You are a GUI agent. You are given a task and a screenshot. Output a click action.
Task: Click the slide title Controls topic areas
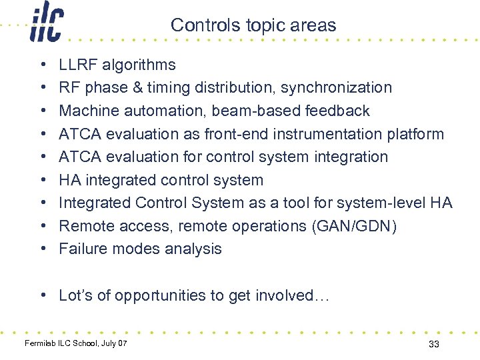[253, 25]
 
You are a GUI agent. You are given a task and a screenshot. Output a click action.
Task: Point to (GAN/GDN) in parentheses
[354, 226]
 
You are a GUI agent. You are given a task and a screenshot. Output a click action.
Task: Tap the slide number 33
[433, 344]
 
